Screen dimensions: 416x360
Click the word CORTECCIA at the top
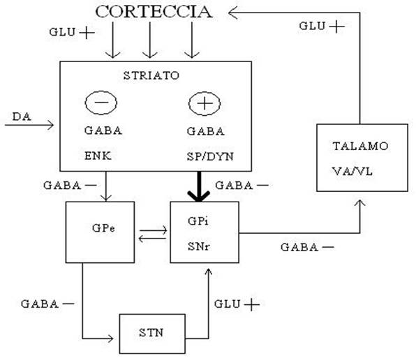click(x=154, y=12)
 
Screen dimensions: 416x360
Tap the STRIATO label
click(x=151, y=75)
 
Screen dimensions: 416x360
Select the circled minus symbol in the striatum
click(x=101, y=103)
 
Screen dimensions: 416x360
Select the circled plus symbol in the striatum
click(x=205, y=103)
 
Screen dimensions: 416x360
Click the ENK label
click(x=98, y=156)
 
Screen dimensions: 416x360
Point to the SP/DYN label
click(x=210, y=156)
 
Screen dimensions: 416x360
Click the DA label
click(x=22, y=117)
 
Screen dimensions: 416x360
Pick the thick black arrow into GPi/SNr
click(x=199, y=186)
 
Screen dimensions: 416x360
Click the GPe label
click(x=103, y=228)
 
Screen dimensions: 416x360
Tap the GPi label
click(x=198, y=221)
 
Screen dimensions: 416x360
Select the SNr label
click(x=199, y=246)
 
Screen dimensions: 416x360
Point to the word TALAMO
click(x=360, y=146)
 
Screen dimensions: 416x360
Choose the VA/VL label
click(x=352, y=171)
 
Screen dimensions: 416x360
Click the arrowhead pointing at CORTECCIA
click(x=232, y=13)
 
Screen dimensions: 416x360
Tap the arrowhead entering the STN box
click(x=110, y=338)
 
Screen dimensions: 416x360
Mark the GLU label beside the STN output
click(x=227, y=303)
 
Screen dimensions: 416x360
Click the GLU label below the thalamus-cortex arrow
click(x=312, y=26)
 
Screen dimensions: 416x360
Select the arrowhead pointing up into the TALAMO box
click(x=360, y=203)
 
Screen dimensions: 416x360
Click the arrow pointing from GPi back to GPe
click(x=153, y=239)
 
